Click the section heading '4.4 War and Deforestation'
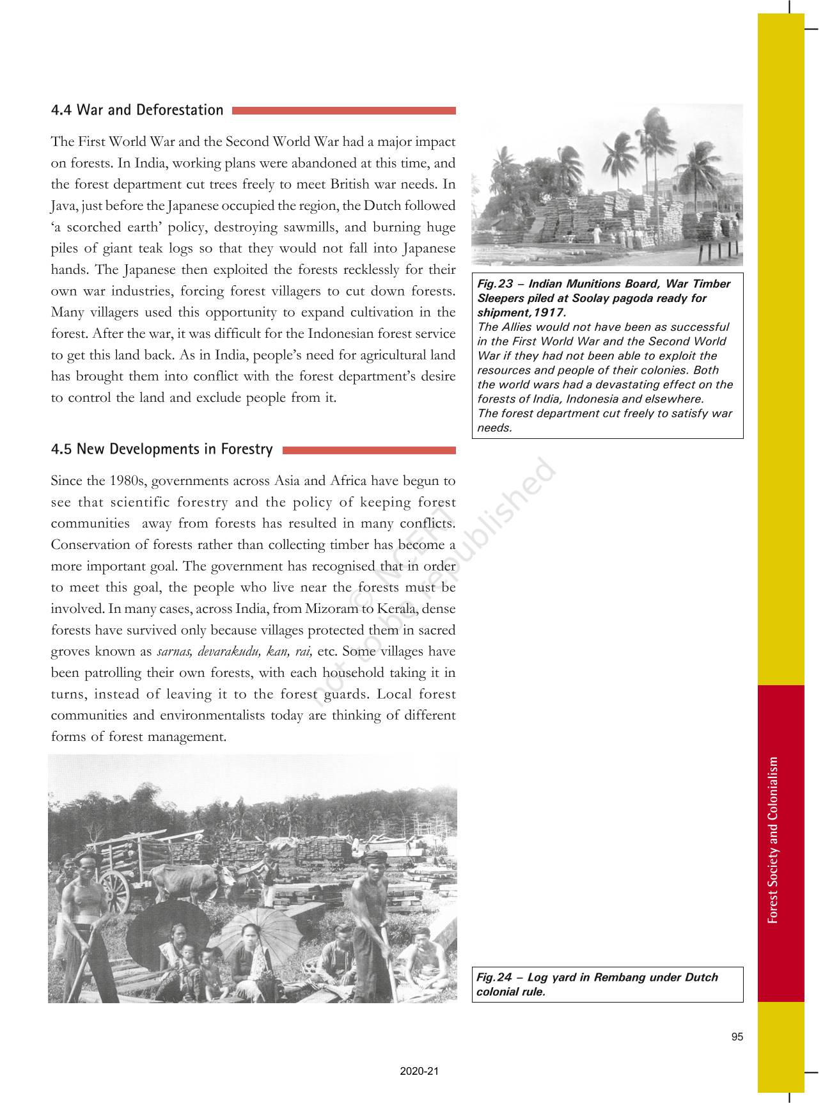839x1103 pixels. coord(137,110)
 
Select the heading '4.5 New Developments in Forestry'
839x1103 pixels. coord(161,449)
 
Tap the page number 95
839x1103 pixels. coord(737,1037)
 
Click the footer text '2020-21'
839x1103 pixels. coord(419,1072)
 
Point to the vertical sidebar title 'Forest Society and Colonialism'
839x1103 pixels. coord(774,839)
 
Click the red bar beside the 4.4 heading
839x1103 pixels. coord(343,111)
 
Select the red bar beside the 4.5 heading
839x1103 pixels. coord(368,450)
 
